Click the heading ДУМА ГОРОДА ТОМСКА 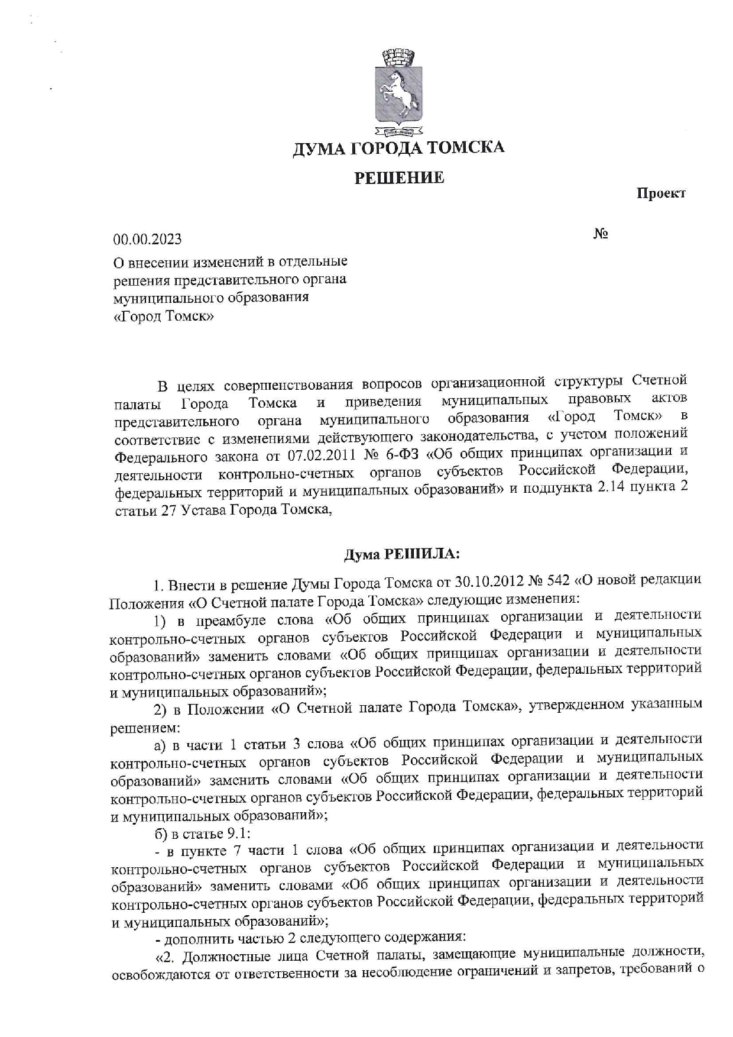click(x=399, y=147)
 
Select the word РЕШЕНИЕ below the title click(x=399, y=177)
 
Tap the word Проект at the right click(x=661, y=193)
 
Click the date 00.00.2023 click(x=148, y=240)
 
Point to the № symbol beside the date click(x=601, y=234)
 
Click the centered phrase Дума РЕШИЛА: click(x=401, y=554)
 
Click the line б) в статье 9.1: click(x=203, y=834)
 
